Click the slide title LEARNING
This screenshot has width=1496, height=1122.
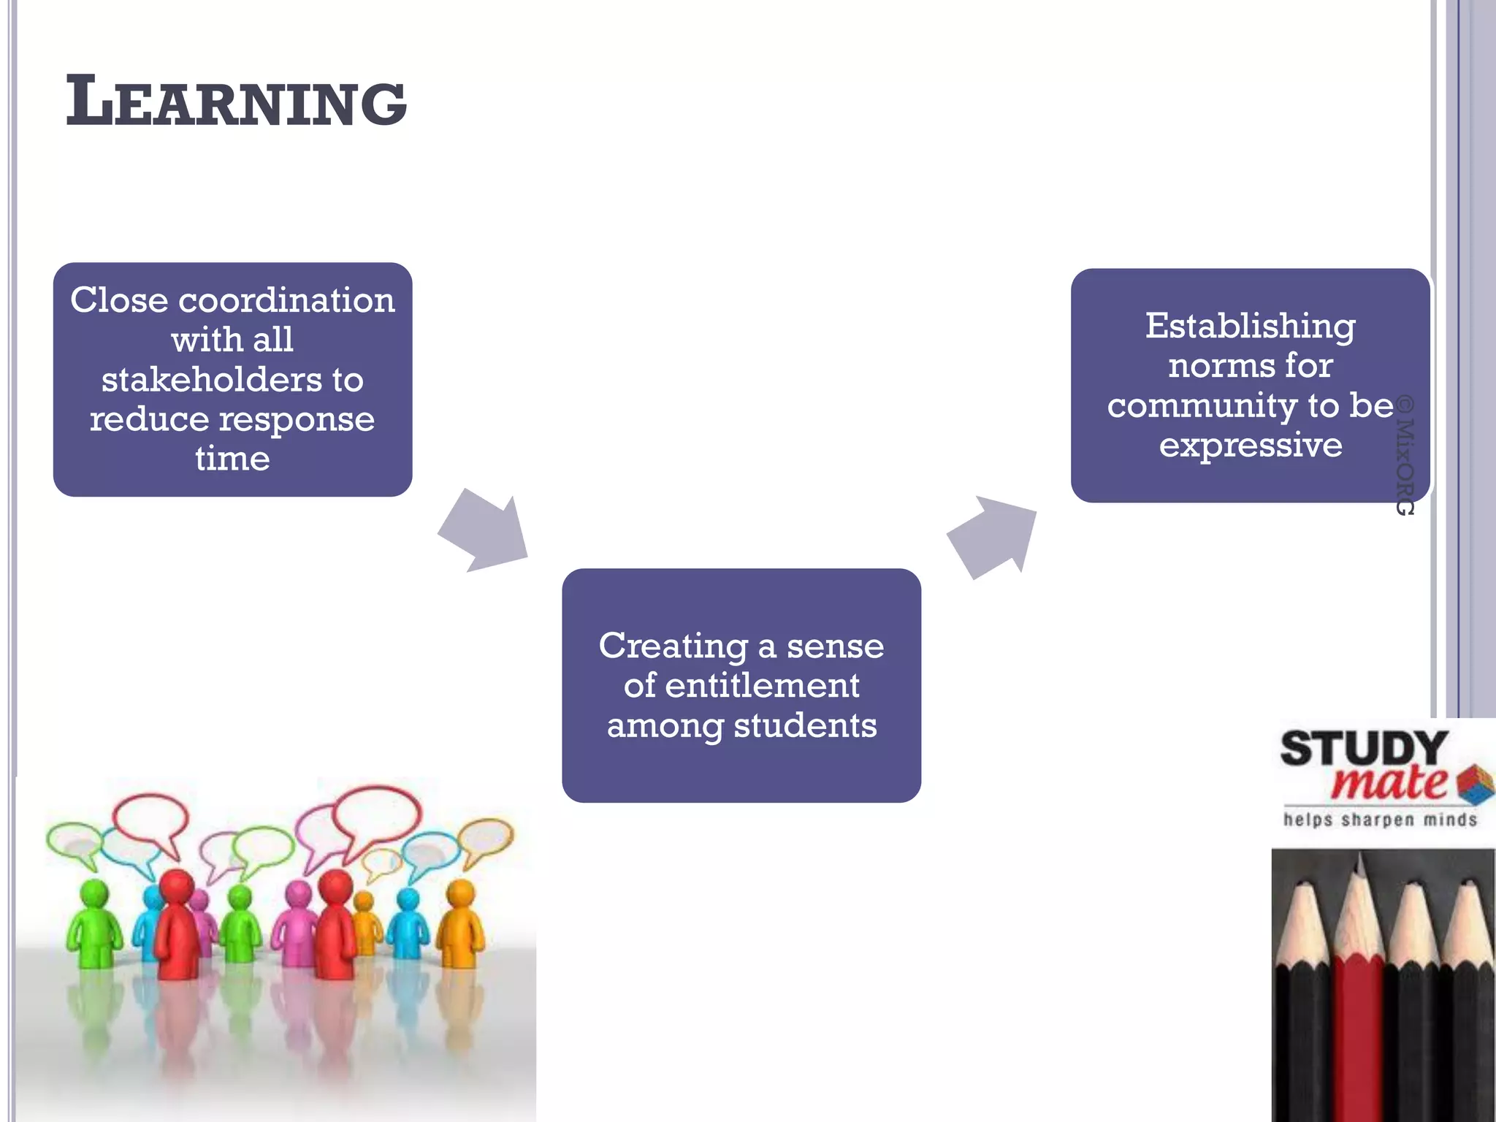[x=235, y=102]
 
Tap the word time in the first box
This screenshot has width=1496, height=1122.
[x=232, y=459]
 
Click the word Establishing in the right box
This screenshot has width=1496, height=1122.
[x=1250, y=326]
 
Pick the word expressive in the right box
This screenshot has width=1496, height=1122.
[x=1250, y=445]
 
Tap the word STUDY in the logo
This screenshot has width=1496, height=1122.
[x=1363, y=749]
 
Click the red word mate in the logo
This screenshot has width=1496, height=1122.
[x=1388, y=783]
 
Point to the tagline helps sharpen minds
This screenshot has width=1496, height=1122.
[x=1380, y=820]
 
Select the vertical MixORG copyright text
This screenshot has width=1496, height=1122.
[x=1405, y=456]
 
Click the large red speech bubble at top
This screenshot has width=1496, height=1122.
[x=376, y=812]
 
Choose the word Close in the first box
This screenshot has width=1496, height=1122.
[x=118, y=300]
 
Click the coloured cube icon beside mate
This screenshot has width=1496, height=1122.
[x=1476, y=783]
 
